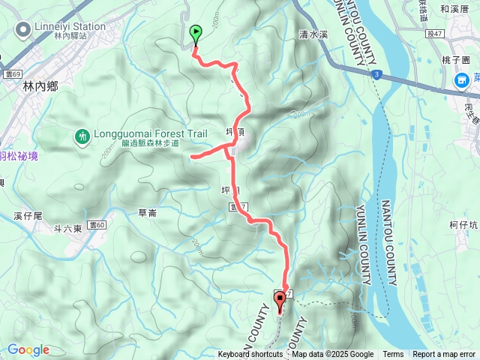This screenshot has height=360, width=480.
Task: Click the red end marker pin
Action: (280, 301)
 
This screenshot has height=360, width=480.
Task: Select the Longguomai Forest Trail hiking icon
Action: (81, 136)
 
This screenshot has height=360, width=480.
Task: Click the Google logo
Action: (28, 349)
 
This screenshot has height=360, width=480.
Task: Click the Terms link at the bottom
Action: (393, 355)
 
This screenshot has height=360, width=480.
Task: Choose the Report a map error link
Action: (445, 355)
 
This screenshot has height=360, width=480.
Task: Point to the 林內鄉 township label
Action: (40, 86)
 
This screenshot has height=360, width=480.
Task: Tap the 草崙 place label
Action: (147, 213)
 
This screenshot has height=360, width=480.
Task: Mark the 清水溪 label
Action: (313, 34)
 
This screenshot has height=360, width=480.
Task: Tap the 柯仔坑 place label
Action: (464, 225)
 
